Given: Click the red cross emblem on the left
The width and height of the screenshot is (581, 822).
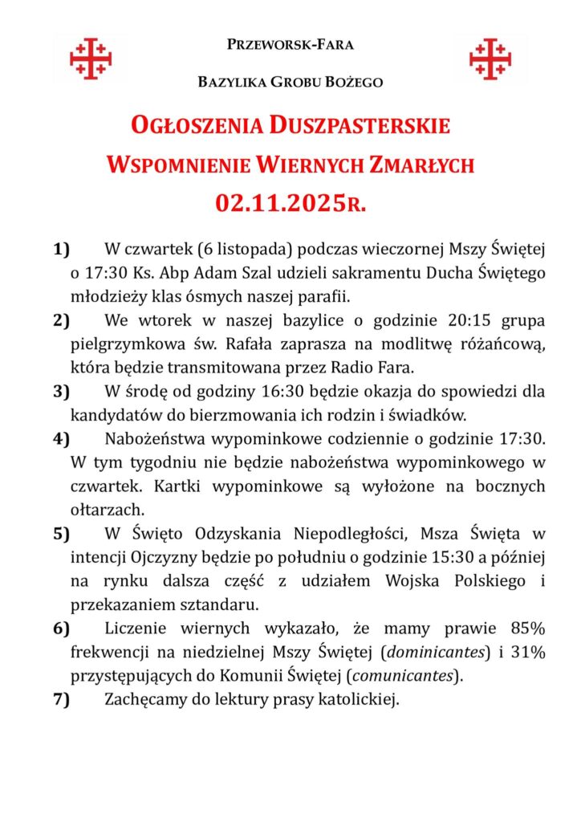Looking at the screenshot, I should [x=90, y=59].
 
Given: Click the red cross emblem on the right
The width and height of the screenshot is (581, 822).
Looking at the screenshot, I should [x=490, y=59].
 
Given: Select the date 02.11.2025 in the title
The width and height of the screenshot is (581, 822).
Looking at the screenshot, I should [x=279, y=203].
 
